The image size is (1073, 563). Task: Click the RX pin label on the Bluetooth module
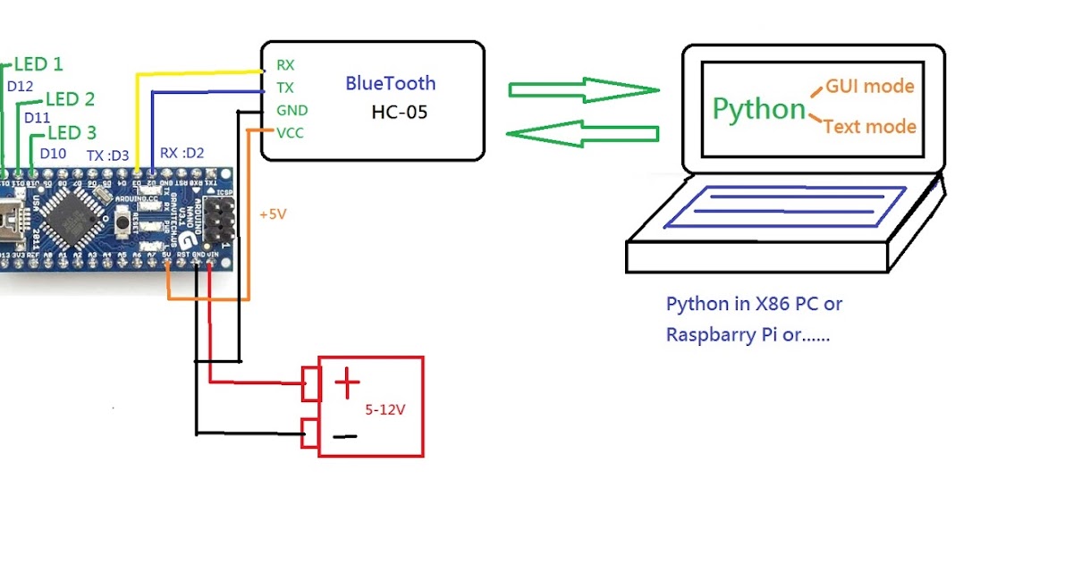(285, 65)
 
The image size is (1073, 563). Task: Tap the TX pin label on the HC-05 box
(285, 88)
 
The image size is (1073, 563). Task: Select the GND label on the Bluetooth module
(291, 111)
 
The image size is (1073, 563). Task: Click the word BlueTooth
(391, 84)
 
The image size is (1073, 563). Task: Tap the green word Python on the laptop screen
(759, 109)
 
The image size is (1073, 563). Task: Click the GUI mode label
(869, 87)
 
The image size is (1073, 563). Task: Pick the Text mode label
(869, 127)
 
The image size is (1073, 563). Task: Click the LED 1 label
(38, 64)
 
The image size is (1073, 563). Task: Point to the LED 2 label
(70, 99)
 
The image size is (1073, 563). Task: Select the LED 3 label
(72, 133)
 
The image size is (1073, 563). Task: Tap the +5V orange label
(274, 215)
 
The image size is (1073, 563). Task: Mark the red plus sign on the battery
(347, 384)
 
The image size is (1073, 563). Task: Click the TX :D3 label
(108, 155)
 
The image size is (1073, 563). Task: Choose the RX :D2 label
(182, 154)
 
